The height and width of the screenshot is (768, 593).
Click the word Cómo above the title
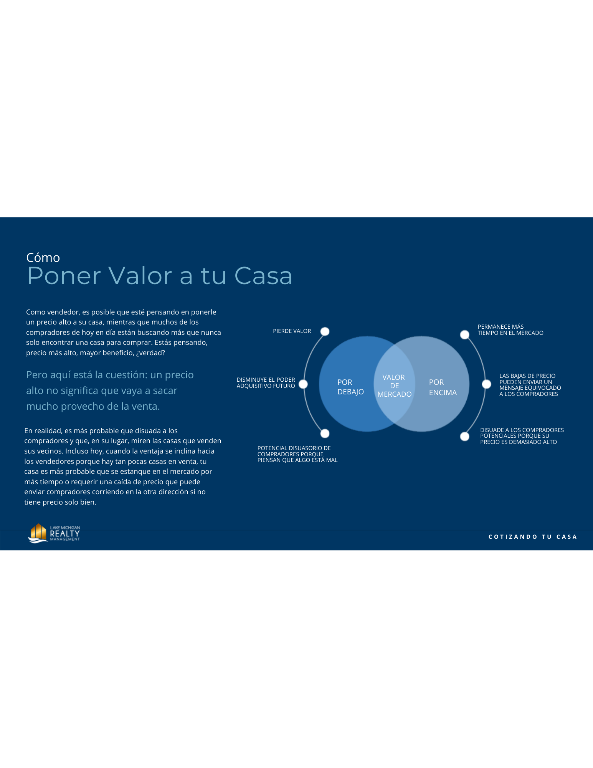tap(43, 258)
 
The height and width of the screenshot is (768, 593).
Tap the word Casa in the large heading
tap(263, 276)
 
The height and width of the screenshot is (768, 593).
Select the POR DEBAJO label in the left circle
tap(350, 387)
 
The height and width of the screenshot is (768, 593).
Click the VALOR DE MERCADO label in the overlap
tap(394, 386)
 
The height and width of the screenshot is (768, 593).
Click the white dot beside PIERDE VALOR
tap(325, 331)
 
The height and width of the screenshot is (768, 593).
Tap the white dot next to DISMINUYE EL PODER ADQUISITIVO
tap(303, 384)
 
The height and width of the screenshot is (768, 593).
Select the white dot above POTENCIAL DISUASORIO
tap(325, 434)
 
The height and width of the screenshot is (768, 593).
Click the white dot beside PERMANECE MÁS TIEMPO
tap(464, 335)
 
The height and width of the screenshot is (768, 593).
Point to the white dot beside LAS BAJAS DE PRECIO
tap(486, 384)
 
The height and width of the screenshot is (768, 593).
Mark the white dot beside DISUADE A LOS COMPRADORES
tap(464, 437)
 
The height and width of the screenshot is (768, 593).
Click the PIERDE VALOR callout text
tap(292, 331)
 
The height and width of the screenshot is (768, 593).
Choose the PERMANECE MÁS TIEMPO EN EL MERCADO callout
tap(510, 330)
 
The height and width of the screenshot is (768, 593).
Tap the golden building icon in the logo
tap(38, 533)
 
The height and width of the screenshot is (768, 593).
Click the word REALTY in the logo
tap(65, 533)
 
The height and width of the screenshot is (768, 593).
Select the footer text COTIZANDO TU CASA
tap(532, 537)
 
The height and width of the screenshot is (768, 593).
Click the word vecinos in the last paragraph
tap(50, 451)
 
